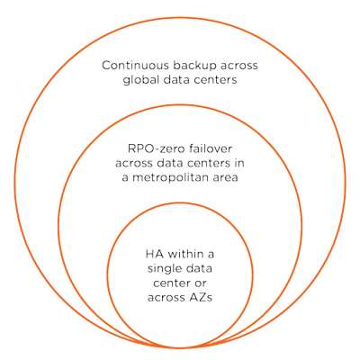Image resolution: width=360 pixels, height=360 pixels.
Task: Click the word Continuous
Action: pos(135,66)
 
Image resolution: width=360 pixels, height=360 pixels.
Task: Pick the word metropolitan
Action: pos(175,177)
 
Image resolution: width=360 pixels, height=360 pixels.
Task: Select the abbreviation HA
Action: pos(154,255)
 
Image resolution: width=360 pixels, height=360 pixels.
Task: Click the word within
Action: pos(184,254)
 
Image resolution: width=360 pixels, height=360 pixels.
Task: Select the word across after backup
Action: pos(238,66)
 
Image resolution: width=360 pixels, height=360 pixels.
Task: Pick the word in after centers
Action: pos(240,163)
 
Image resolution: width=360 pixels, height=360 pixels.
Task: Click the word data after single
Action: pos(197,268)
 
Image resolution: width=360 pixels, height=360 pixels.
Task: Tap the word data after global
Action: pos(177,80)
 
